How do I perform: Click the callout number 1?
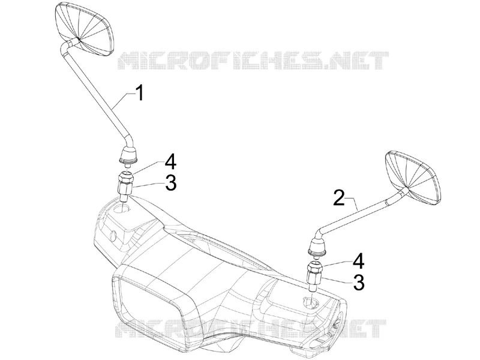140,93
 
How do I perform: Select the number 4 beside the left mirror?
170,162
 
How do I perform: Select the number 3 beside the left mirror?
171,183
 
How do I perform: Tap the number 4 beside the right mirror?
358,262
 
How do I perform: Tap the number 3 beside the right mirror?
359,282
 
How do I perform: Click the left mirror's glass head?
85,29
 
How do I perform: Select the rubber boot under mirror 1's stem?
128,155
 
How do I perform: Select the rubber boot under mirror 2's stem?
317,247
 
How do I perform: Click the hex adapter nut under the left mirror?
125,186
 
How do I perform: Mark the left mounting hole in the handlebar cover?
122,209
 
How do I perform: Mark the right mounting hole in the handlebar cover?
311,302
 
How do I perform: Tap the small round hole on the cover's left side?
113,236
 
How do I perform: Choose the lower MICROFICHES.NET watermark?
250,328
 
